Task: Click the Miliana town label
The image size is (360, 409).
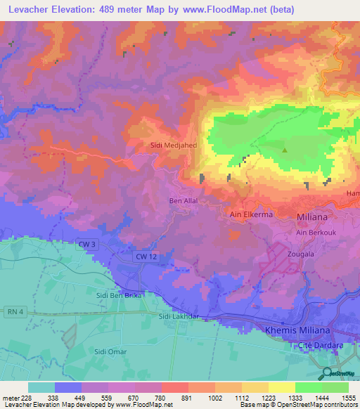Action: [311, 214]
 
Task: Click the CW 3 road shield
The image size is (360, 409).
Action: [86, 244]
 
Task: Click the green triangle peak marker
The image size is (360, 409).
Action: [285, 150]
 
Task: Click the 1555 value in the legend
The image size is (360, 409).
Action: [347, 397]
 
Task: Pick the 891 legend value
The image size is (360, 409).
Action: [186, 397]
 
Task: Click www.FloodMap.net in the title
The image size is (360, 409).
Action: [227, 9]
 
